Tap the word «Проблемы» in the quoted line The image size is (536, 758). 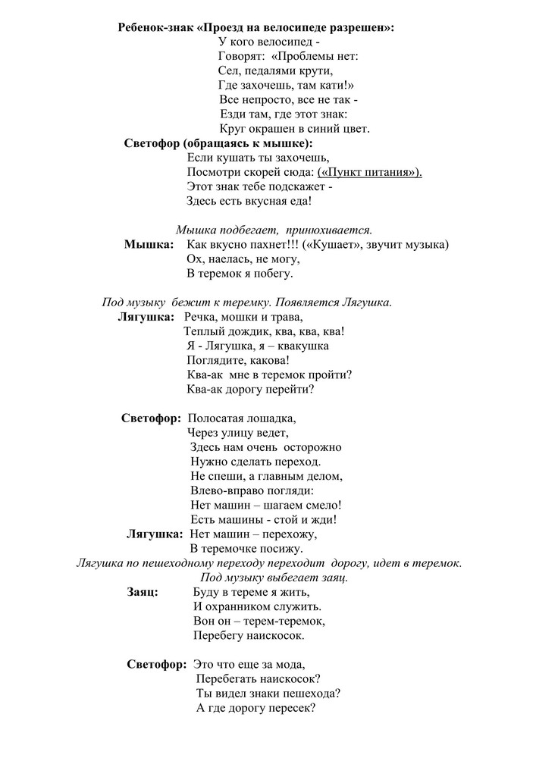point(303,56)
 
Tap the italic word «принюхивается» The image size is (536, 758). point(334,229)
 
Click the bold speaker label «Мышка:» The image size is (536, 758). point(149,244)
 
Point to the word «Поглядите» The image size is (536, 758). point(217,360)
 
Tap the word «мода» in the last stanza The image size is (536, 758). point(291,665)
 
